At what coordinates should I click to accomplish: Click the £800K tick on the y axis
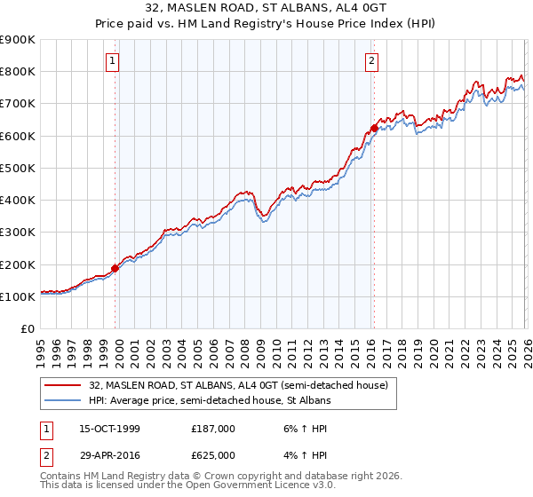click(x=18, y=72)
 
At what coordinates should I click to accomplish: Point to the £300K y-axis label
click(x=18, y=233)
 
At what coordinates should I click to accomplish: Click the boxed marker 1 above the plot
click(x=114, y=61)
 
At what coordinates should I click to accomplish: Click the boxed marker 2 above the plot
click(x=371, y=61)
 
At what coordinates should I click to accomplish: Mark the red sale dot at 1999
click(x=115, y=268)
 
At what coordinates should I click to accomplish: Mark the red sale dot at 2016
click(x=374, y=128)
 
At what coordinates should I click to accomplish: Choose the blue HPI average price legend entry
click(x=209, y=401)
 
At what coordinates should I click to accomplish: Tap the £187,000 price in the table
click(x=213, y=429)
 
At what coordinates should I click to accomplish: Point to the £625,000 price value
click(x=213, y=454)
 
